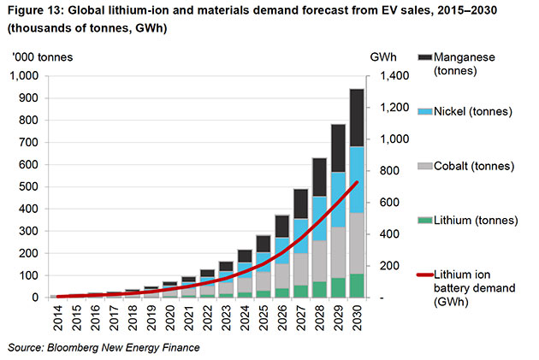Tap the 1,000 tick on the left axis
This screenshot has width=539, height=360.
(25, 75)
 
